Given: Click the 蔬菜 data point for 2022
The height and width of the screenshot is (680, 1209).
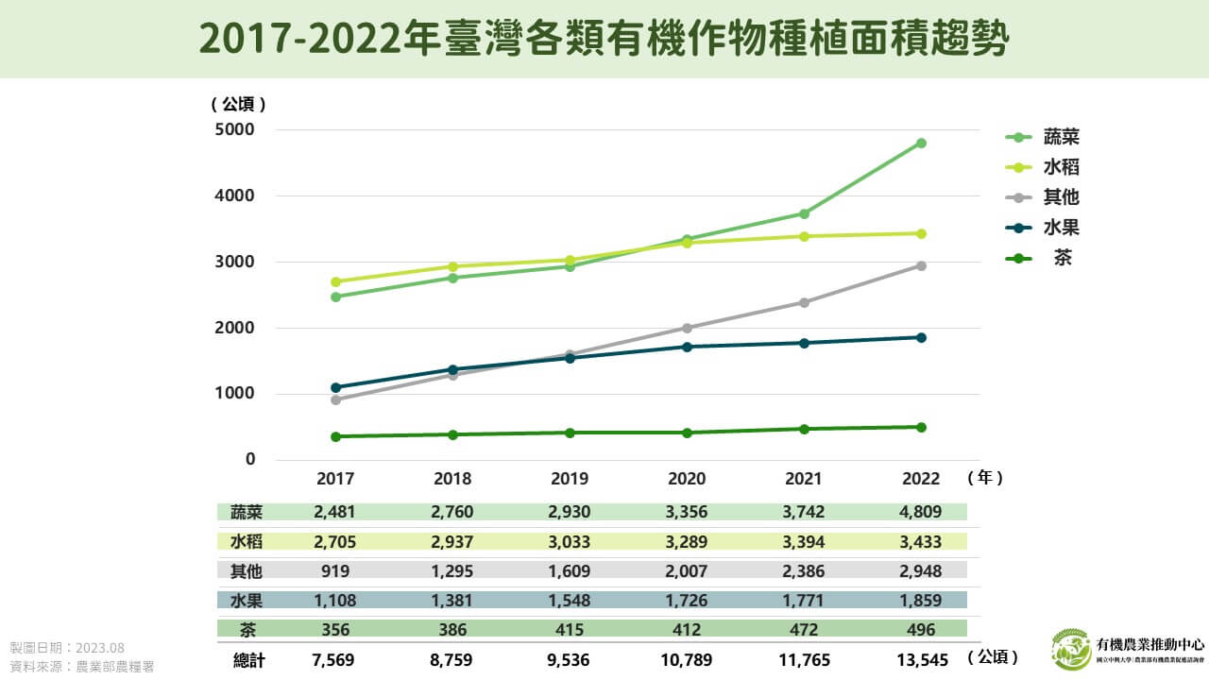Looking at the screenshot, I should coord(921,144).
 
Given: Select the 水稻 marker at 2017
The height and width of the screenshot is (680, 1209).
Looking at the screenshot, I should coord(335,281).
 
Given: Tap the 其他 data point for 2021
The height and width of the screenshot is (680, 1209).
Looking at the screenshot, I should coord(804,302).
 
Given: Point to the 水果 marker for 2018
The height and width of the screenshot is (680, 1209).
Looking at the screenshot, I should coord(452,369).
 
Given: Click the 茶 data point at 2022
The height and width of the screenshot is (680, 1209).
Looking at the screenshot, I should coord(921,427).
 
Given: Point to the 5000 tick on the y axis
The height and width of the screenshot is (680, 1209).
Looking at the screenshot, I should coord(237,129).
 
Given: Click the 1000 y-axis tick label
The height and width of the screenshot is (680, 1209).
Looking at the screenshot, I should coord(237,394).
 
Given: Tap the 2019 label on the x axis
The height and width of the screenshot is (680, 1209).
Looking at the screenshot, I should coord(570,479).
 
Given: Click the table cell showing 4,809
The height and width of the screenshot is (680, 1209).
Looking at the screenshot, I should coord(921,512).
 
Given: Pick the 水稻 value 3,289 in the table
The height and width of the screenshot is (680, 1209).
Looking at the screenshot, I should coord(687,541).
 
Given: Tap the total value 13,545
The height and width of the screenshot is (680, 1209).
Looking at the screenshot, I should coord(921,659).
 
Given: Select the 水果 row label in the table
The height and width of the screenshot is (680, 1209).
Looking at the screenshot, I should coord(247,600).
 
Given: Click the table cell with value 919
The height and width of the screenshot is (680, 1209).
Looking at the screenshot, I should coord(335,570).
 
